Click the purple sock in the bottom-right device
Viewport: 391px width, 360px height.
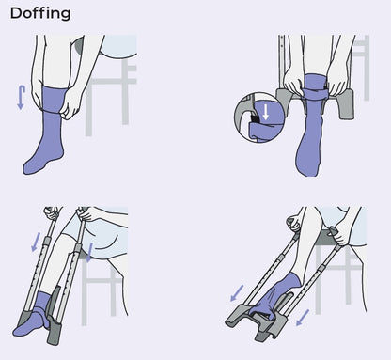click(282, 291)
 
